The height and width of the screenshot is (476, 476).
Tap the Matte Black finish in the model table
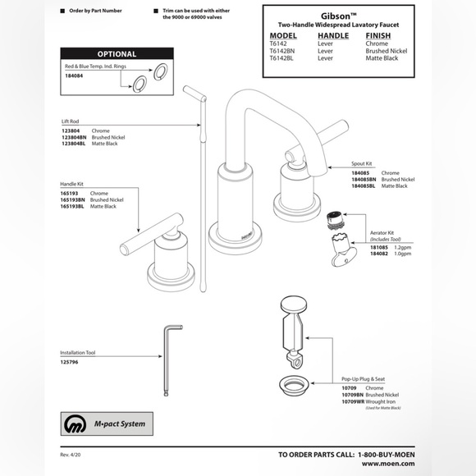(x=382, y=57)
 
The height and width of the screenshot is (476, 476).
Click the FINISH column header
(x=378, y=36)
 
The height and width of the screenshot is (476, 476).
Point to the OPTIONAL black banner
(x=117, y=54)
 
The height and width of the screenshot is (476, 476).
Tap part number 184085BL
(x=364, y=186)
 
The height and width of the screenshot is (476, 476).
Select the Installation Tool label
(x=78, y=352)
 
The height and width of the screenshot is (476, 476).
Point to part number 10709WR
(x=354, y=400)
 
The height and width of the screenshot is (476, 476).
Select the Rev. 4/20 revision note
(x=71, y=454)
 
